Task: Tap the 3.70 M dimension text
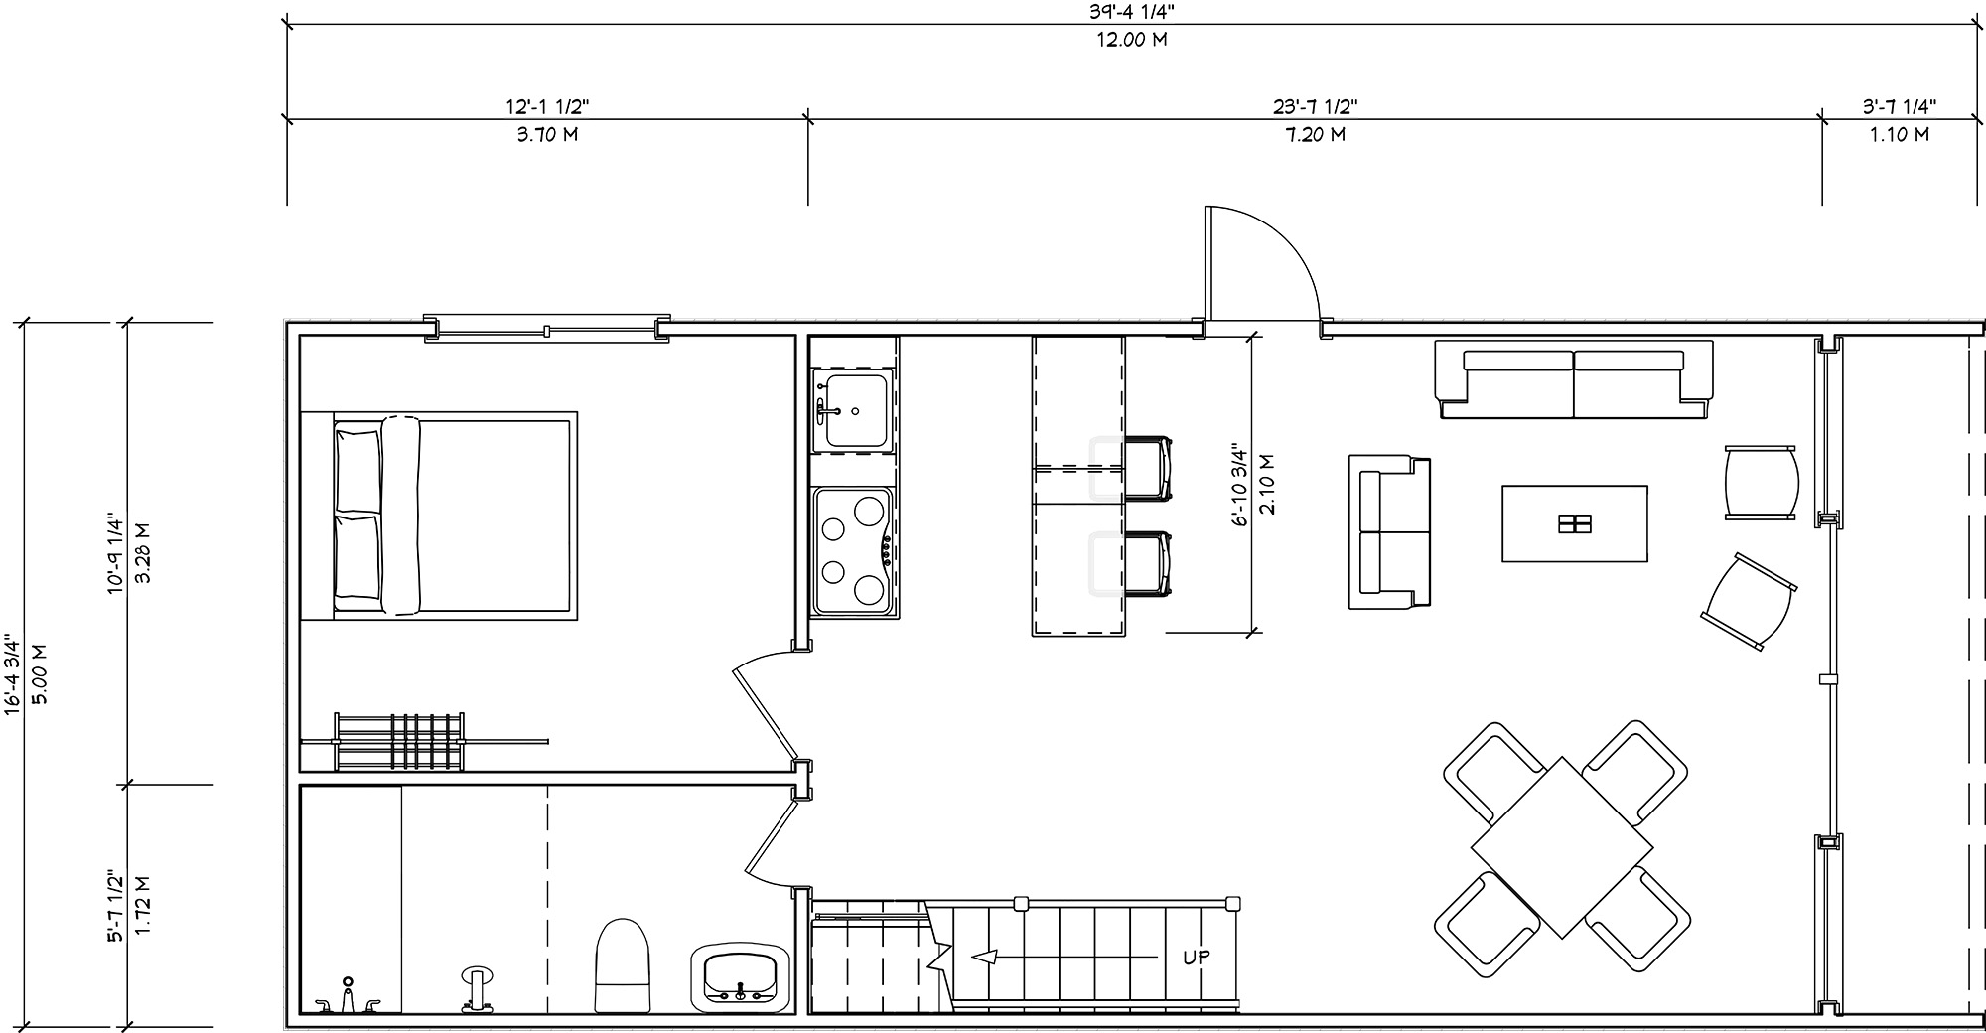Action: pos(547,134)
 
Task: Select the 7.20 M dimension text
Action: pos(1316,134)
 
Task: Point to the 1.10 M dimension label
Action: pos(1900,134)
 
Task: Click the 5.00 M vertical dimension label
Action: pos(41,673)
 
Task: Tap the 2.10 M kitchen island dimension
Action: pos(1266,484)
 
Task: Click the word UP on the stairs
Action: pos(1197,958)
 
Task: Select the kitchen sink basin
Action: pos(856,410)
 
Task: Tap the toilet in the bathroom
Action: pos(621,964)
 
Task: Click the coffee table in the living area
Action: pos(1575,523)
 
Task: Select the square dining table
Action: pos(1562,847)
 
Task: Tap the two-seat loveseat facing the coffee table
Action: pos(1389,531)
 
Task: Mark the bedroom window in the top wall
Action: pos(546,330)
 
